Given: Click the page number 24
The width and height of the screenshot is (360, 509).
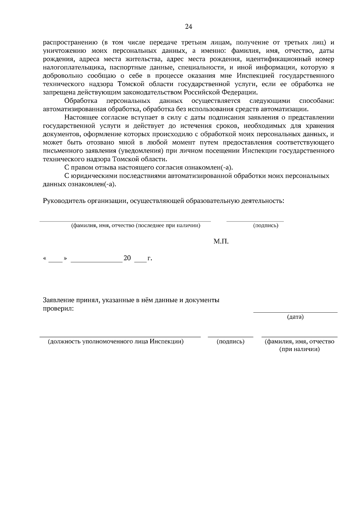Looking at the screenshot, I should [188, 27].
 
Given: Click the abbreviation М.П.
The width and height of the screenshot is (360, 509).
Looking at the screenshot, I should [221, 241].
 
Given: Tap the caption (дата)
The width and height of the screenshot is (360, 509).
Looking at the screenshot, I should [295, 317].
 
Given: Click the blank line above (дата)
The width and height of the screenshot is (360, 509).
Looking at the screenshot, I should [295, 312].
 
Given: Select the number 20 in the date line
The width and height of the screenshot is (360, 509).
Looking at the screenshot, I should [127, 258].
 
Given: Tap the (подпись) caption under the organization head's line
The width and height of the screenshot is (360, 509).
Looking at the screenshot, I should [265, 226].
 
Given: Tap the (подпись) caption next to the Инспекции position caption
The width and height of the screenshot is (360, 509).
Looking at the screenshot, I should [230, 341].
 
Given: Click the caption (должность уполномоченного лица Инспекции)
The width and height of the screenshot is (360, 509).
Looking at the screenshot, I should [116, 341].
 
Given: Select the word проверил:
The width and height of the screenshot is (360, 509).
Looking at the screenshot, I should [58, 308].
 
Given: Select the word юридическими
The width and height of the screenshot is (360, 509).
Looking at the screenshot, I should [94, 176].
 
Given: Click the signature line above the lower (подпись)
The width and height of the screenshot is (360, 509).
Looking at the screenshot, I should [230, 337].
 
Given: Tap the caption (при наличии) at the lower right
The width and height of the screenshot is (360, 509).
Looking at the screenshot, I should [299, 350].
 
